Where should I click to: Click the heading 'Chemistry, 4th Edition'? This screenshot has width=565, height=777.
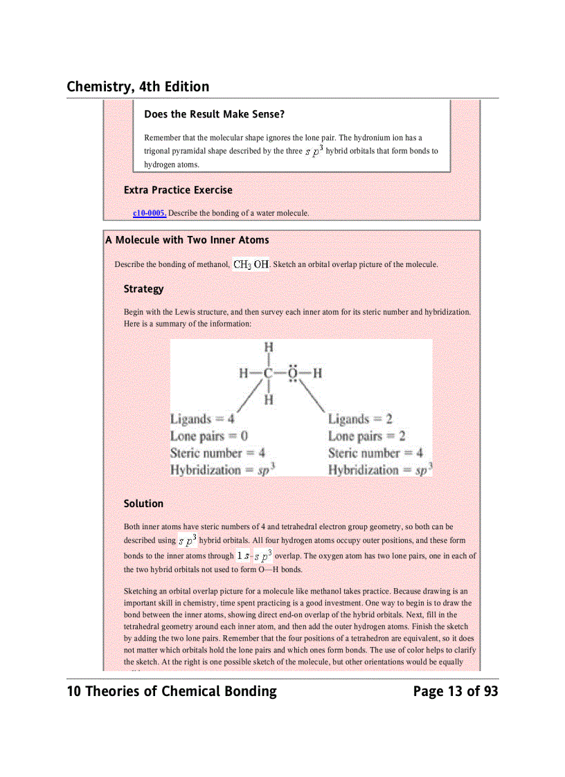pyautogui.click(x=138, y=86)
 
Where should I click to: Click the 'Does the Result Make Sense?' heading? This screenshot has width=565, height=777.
pyautogui.click(x=214, y=113)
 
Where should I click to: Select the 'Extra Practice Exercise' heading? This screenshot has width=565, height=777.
pyautogui.click(x=178, y=190)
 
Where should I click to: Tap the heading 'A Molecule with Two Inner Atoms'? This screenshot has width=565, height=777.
pyautogui.click(x=187, y=240)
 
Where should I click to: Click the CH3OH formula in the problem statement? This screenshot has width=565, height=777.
pyautogui.click(x=251, y=264)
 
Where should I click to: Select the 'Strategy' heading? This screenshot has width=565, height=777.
pyautogui.click(x=143, y=289)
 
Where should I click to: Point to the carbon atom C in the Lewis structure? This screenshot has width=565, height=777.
pyautogui.click(x=267, y=374)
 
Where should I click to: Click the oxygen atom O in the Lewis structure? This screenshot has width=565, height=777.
pyautogui.click(x=294, y=374)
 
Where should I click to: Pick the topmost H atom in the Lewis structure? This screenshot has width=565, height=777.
pyautogui.click(x=268, y=347)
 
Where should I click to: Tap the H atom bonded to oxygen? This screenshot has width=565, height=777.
pyautogui.click(x=319, y=374)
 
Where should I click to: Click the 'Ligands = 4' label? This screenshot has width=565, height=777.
pyautogui.click(x=202, y=419)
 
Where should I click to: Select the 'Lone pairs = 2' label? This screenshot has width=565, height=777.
pyautogui.click(x=366, y=436)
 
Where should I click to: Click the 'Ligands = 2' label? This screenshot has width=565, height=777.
pyautogui.click(x=360, y=419)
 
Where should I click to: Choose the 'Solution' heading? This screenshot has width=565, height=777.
pyautogui.click(x=143, y=504)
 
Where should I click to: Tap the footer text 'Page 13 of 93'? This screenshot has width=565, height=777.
pyautogui.click(x=455, y=691)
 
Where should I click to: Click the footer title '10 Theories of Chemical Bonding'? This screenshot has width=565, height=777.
pyautogui.click(x=172, y=691)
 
